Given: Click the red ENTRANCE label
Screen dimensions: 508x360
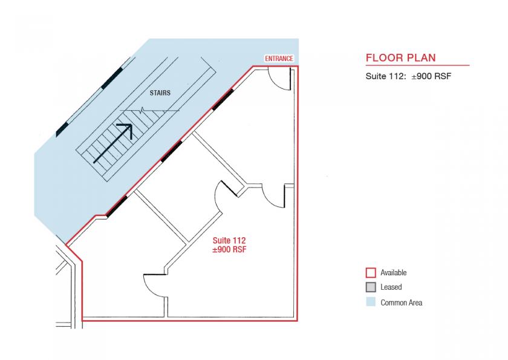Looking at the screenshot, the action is tap(279, 59).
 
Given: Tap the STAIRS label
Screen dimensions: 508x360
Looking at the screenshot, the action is tap(160, 93).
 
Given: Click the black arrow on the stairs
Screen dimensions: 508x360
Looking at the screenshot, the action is tap(113, 143).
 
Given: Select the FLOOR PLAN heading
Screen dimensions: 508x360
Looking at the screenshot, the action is tap(401, 57).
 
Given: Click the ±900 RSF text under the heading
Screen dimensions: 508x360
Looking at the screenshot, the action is tap(432, 76).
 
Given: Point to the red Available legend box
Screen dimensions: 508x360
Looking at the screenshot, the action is tap(371, 272).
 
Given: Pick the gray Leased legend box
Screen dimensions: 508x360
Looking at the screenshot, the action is tap(371, 287).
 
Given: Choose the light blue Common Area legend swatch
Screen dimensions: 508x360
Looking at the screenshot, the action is tap(371, 302).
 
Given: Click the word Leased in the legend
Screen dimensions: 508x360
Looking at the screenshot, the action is tap(391, 287).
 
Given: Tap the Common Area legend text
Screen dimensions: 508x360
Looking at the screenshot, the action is tap(402, 303).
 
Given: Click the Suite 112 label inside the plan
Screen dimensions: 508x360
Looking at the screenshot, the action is tap(229, 240).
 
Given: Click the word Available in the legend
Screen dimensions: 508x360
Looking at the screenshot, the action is tap(394, 272).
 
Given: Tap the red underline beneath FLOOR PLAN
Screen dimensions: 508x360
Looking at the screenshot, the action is tap(418, 65).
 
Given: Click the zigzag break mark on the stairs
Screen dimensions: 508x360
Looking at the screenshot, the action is tap(143, 110).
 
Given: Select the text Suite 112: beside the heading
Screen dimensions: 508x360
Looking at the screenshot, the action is tap(386, 76).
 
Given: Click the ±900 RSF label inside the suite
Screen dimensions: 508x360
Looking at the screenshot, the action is tap(229, 249).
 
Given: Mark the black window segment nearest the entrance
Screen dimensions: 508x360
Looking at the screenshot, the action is tap(223, 100).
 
